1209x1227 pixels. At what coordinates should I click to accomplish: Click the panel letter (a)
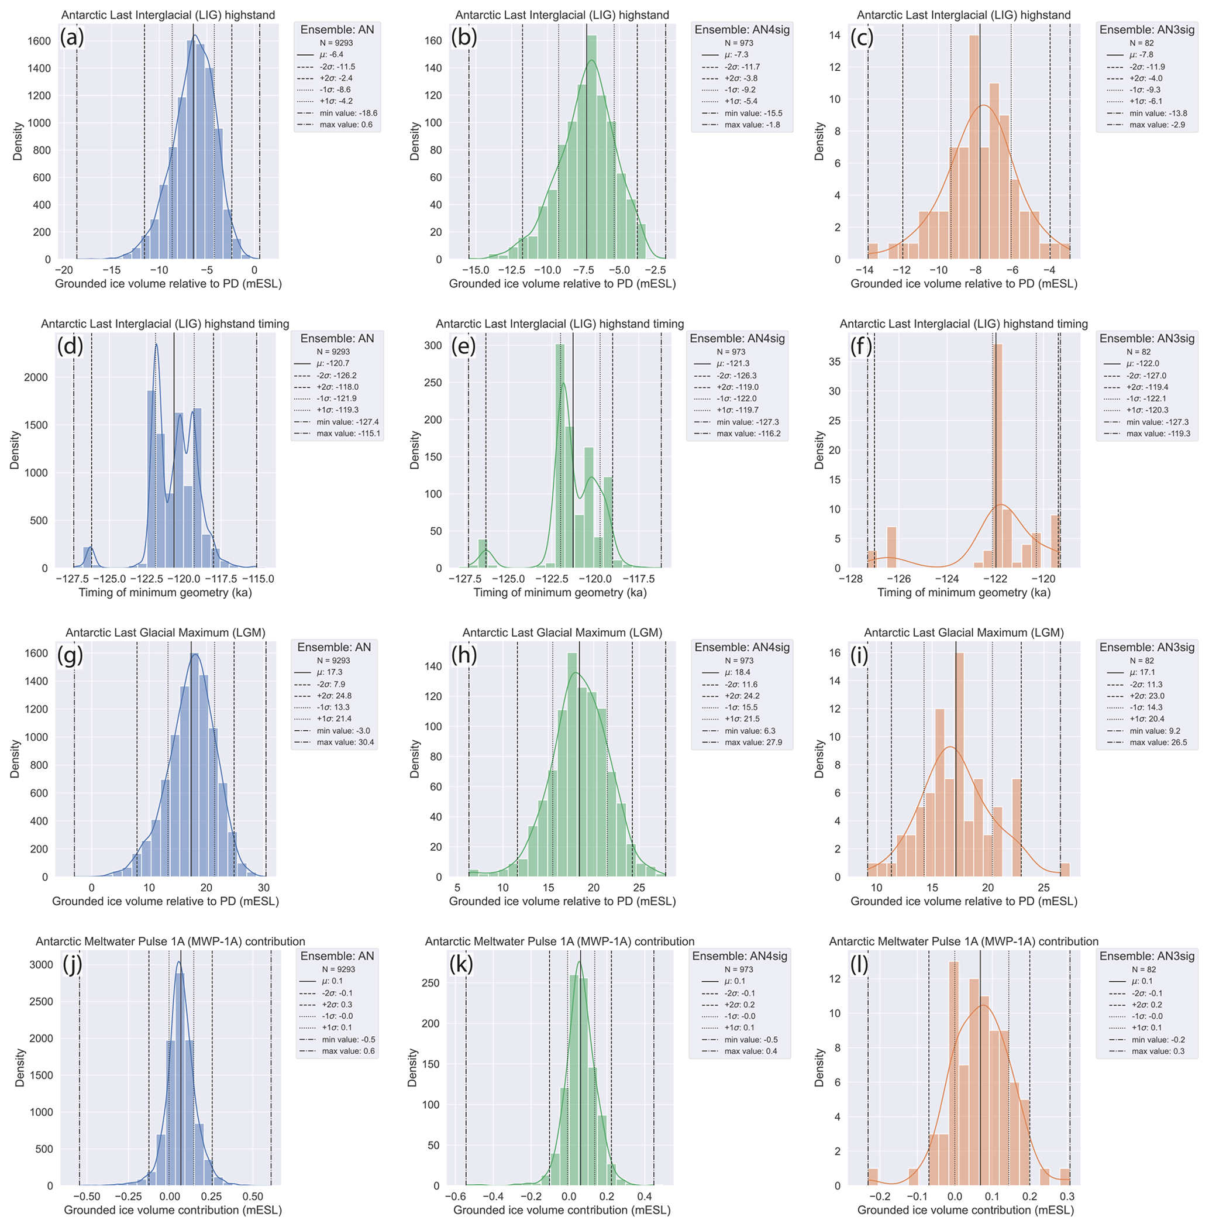(x=72, y=37)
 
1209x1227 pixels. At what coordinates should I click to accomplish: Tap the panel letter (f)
(x=860, y=346)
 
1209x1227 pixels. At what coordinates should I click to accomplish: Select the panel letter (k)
(x=462, y=964)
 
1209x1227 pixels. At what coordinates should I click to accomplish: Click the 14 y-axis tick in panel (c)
(x=834, y=35)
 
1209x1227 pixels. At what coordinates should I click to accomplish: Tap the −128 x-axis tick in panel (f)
(x=851, y=579)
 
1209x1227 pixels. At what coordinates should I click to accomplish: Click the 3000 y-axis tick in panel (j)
(x=42, y=965)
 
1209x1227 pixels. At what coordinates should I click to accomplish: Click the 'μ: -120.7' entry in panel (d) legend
(x=333, y=363)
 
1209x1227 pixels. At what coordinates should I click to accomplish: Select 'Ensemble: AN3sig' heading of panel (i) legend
(x=1147, y=647)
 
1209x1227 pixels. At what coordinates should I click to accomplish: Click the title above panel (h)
(x=562, y=633)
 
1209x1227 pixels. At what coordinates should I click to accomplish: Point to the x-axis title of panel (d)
(x=165, y=593)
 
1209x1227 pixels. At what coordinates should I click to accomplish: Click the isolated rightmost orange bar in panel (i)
(x=1065, y=869)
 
